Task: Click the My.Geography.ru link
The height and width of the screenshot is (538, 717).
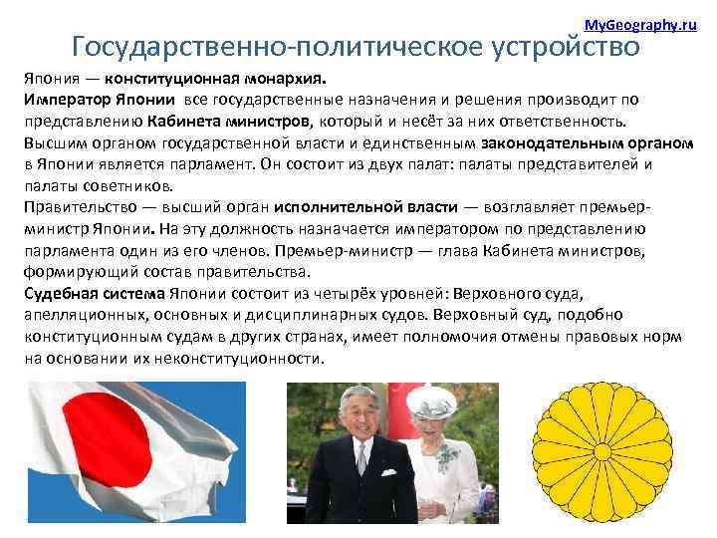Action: [x=639, y=23]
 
